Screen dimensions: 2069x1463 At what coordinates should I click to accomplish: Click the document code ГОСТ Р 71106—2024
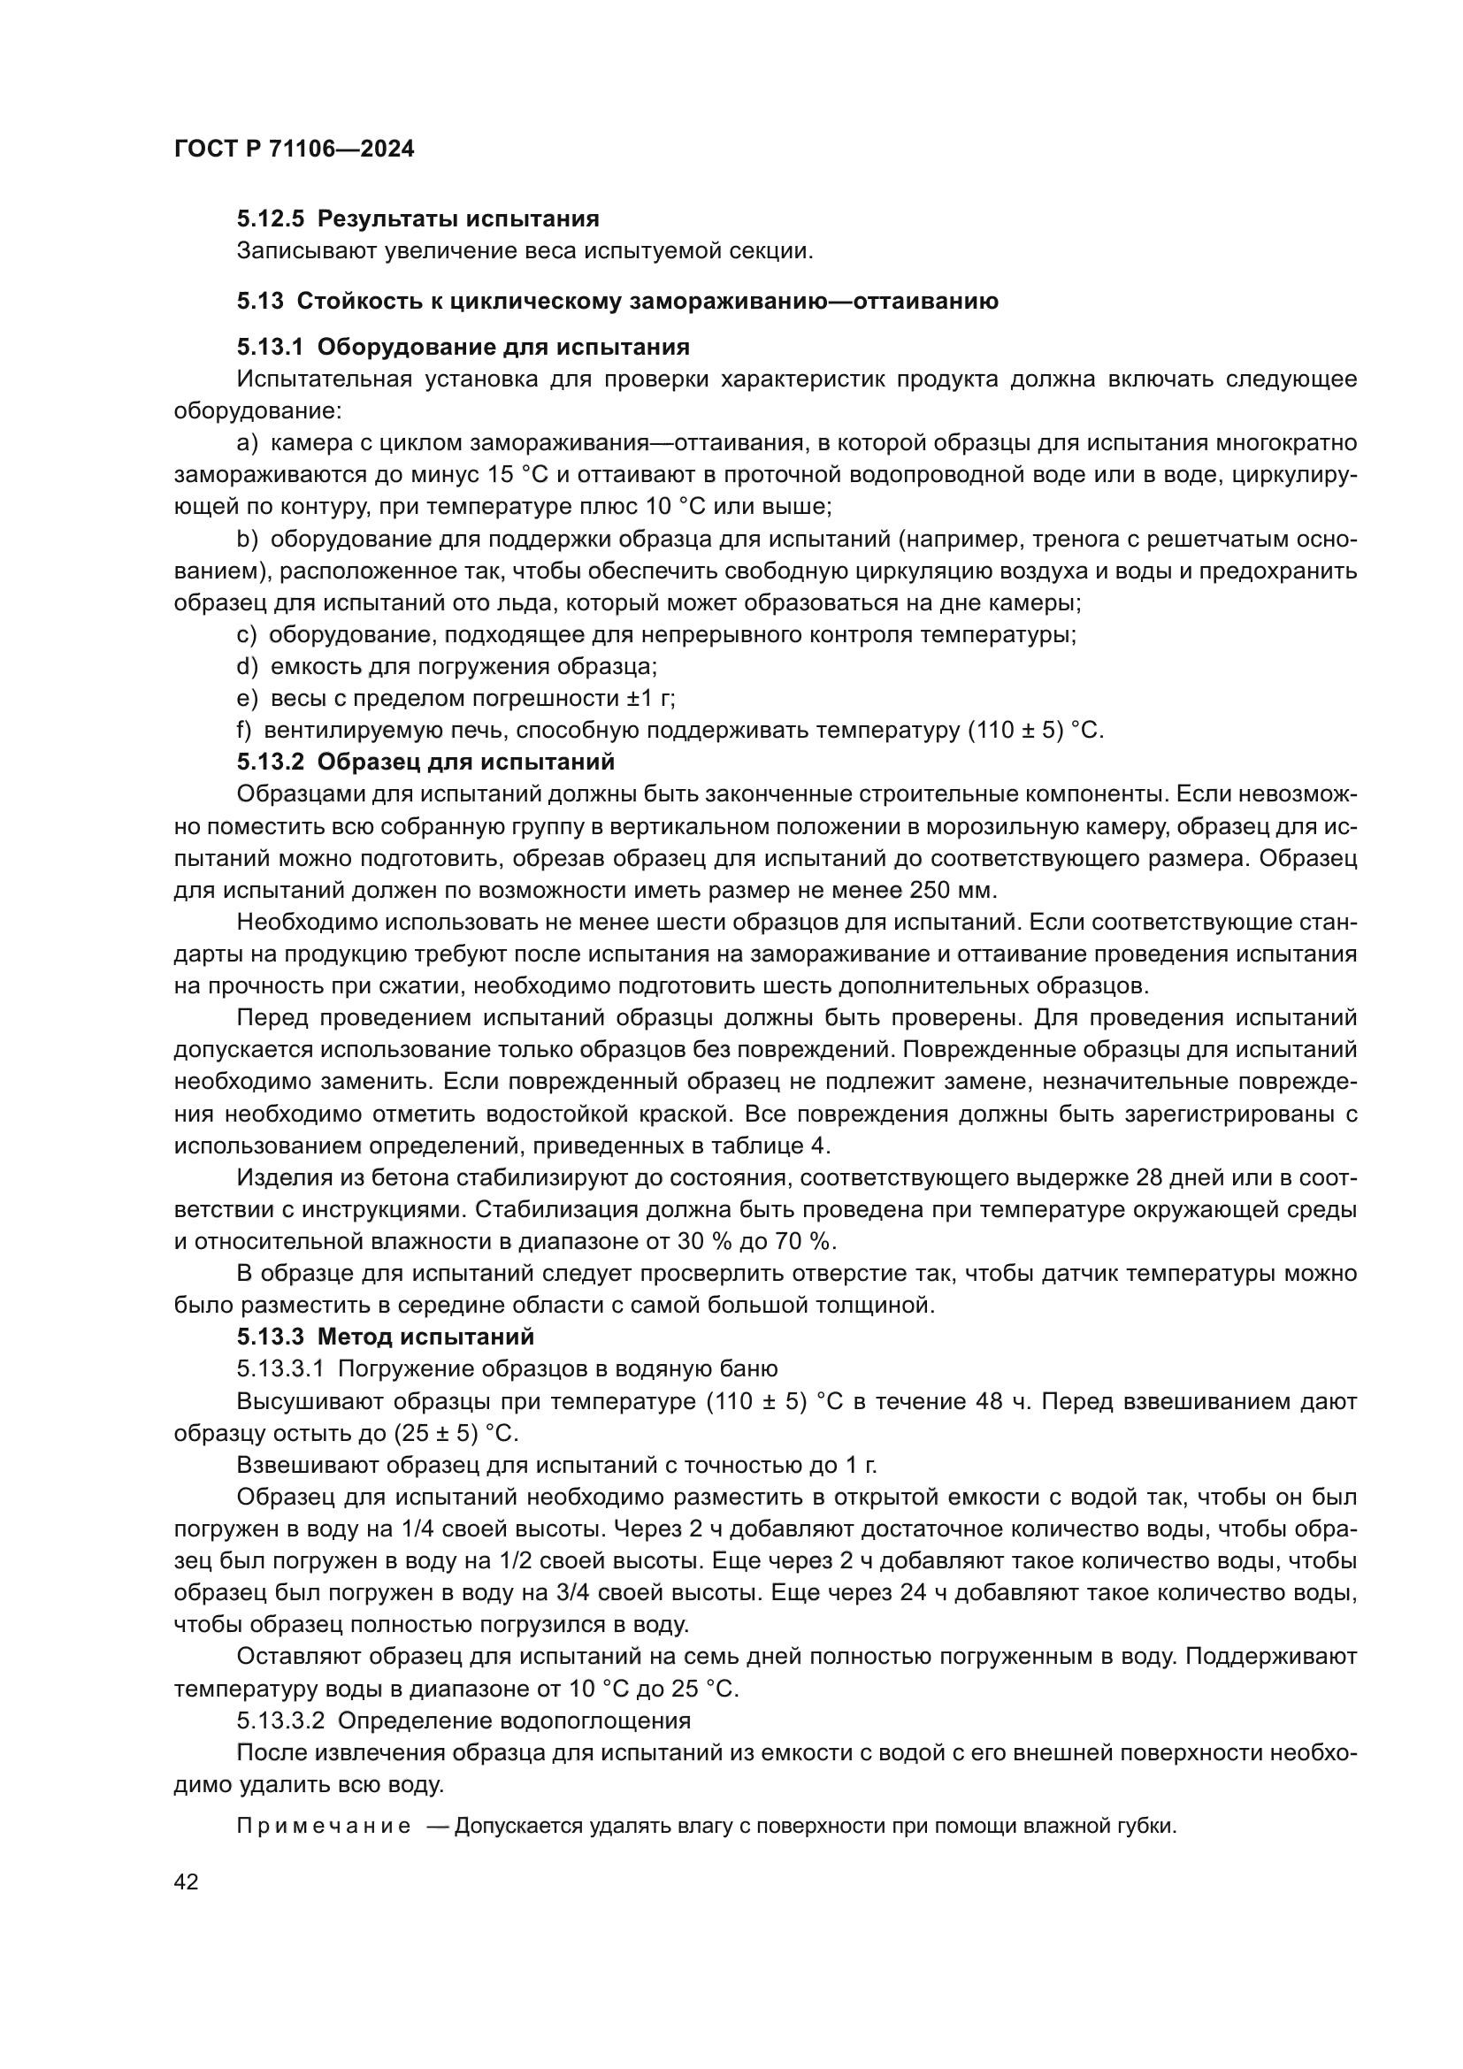pos(294,149)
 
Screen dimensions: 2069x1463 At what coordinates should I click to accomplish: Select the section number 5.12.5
pos(271,219)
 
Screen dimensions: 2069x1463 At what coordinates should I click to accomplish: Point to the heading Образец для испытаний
pos(466,762)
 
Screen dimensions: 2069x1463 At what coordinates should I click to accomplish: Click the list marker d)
pos(246,667)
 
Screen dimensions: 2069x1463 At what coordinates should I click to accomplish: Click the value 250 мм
pos(949,891)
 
